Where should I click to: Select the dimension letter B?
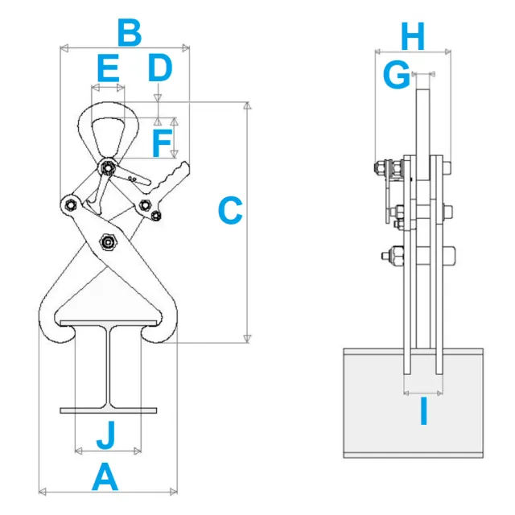coord(129,35)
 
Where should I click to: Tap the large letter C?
coord(230,212)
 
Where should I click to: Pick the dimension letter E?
coord(108,68)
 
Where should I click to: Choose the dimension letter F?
coord(162,145)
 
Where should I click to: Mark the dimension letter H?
coord(412,36)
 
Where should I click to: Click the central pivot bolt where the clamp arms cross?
coord(106,241)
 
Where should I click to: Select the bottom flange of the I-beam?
coord(108,410)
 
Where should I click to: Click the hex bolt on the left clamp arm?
coord(70,204)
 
